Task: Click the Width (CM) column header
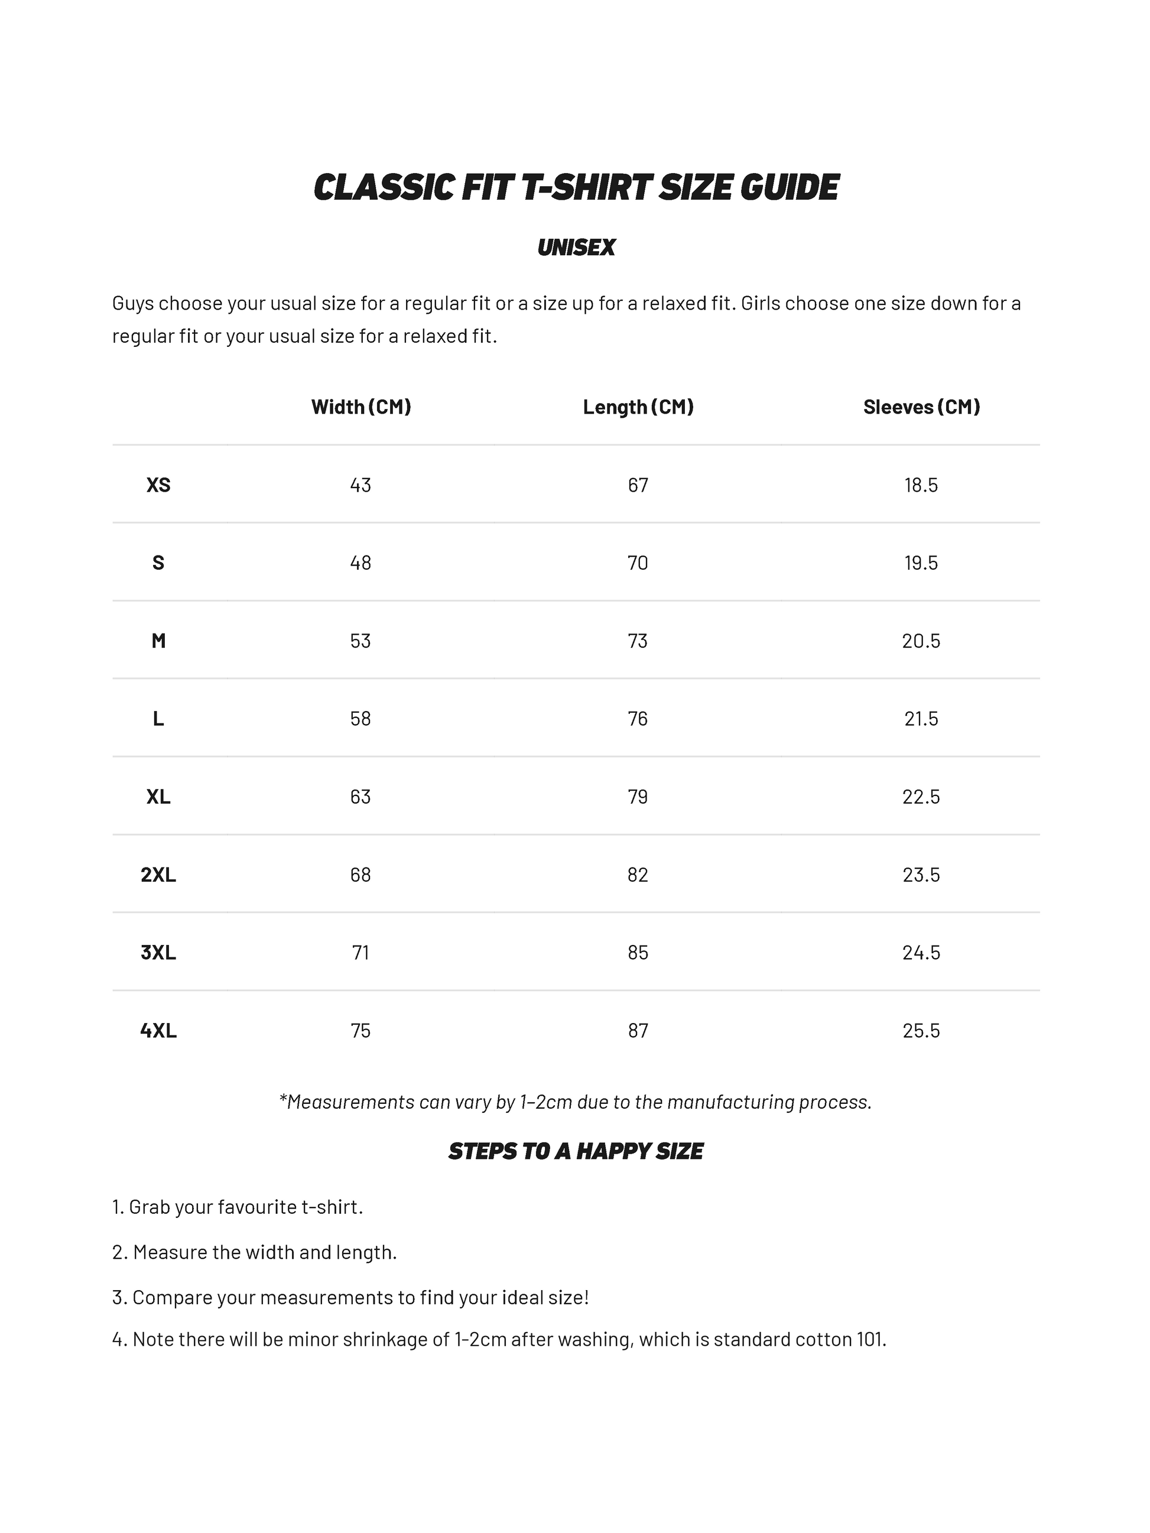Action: [x=360, y=407]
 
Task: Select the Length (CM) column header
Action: [x=638, y=407]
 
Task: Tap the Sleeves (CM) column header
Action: [x=921, y=407]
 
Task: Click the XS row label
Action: [x=158, y=485]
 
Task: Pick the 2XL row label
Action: [x=158, y=875]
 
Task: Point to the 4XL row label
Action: [x=158, y=1031]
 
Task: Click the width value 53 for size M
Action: [x=360, y=641]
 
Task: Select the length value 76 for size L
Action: [x=638, y=719]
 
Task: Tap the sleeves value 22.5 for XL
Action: [x=921, y=796]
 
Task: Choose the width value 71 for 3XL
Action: [x=360, y=952]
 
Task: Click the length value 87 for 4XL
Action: [x=638, y=1031]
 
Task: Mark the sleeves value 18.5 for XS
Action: [x=921, y=485]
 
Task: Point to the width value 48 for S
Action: [x=360, y=563]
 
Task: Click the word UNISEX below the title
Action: [x=576, y=248]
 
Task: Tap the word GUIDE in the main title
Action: [x=790, y=187]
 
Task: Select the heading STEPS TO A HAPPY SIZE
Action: [x=576, y=1152]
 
